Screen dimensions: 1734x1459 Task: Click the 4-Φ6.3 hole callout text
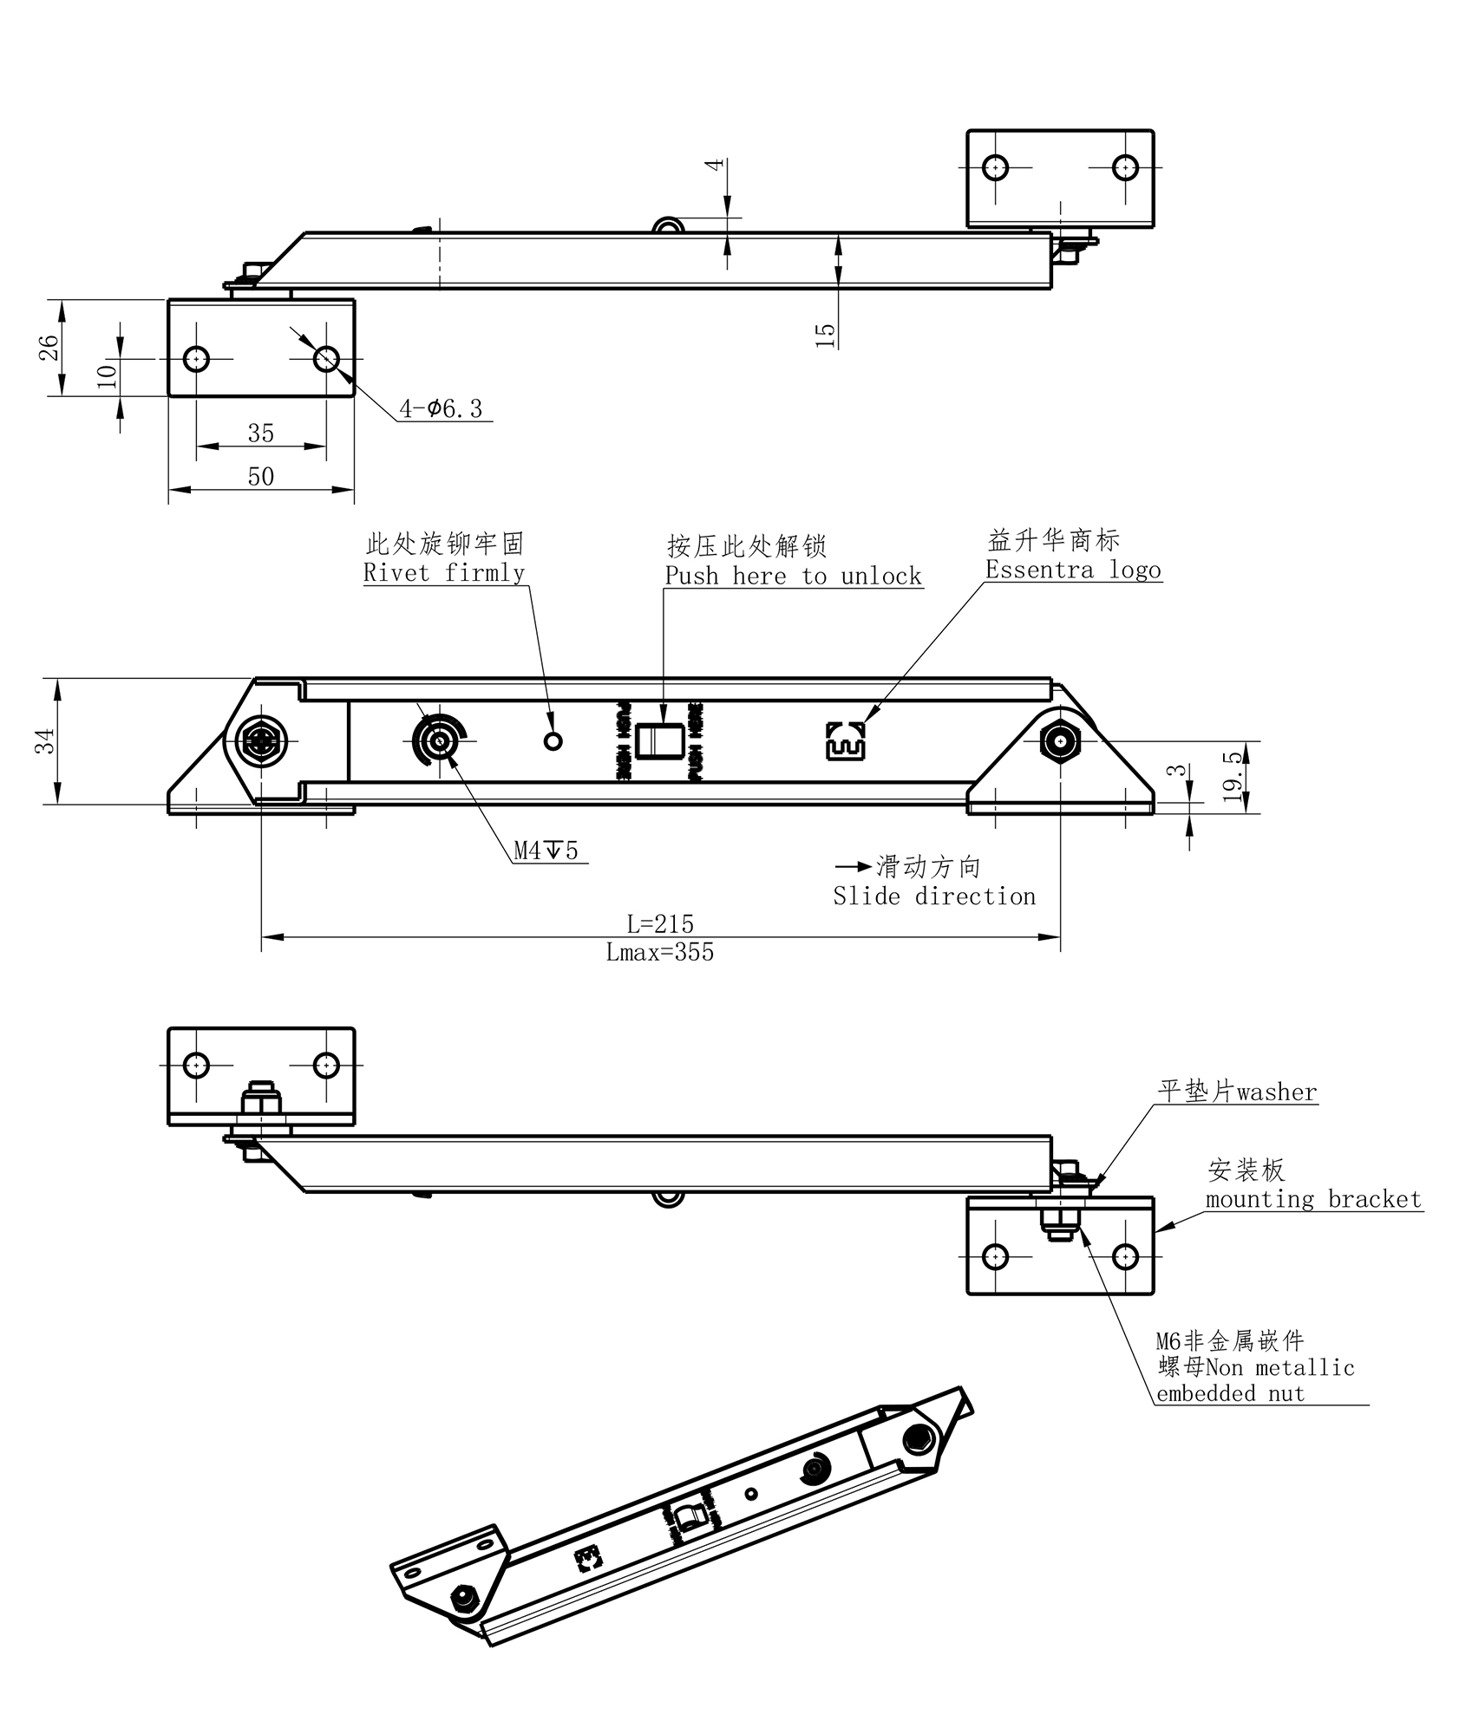pyautogui.click(x=441, y=408)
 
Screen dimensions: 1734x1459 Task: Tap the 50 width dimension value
pyautogui.click(x=261, y=477)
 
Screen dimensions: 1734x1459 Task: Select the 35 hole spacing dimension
pyautogui.click(x=261, y=433)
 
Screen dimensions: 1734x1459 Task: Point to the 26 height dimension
pyautogui.click(x=49, y=348)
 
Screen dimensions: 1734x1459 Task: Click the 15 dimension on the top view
pyautogui.click(x=826, y=335)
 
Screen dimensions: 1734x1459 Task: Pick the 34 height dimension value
pyautogui.click(x=45, y=740)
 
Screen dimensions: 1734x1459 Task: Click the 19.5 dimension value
pyautogui.click(x=1233, y=777)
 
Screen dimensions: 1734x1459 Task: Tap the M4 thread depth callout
pyautogui.click(x=546, y=851)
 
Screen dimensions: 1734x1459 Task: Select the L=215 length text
pyautogui.click(x=660, y=923)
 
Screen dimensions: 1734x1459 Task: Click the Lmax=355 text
pyautogui.click(x=660, y=953)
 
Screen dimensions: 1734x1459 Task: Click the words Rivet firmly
pyautogui.click(x=444, y=573)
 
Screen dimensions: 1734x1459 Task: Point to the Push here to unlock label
pyautogui.click(x=793, y=577)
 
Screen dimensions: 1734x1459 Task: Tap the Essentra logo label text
pyautogui.click(x=1073, y=570)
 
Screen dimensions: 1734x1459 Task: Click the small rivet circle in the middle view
pyautogui.click(x=553, y=741)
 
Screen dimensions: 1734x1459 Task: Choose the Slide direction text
pyautogui.click(x=934, y=896)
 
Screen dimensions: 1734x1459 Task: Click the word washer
pyautogui.click(x=1277, y=1092)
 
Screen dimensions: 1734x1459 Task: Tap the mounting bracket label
pyautogui.click(x=1313, y=1200)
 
